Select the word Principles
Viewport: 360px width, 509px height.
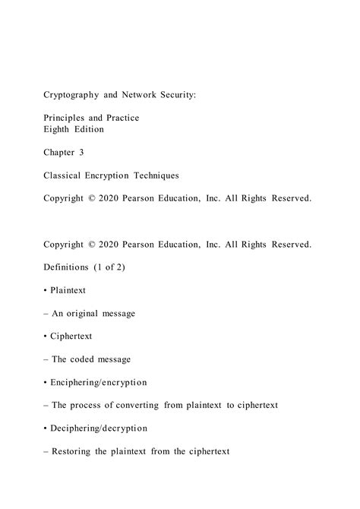(x=68, y=119)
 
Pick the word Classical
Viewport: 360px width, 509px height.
(x=65, y=175)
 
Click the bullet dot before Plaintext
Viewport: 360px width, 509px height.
(x=46, y=290)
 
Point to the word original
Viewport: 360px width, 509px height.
(x=87, y=313)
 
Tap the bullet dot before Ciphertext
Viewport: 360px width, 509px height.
(x=46, y=337)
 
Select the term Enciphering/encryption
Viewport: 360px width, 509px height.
(x=98, y=382)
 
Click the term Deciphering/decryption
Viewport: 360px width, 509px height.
(x=98, y=428)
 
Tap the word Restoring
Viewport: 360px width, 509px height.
(x=74, y=451)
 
